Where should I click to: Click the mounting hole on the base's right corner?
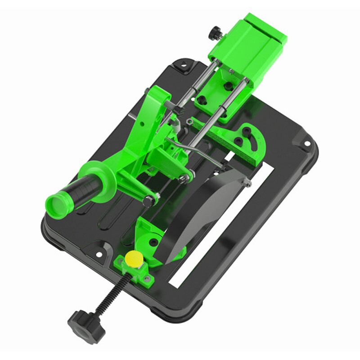307,144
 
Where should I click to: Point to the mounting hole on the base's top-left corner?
183,66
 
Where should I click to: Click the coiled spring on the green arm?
169,104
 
